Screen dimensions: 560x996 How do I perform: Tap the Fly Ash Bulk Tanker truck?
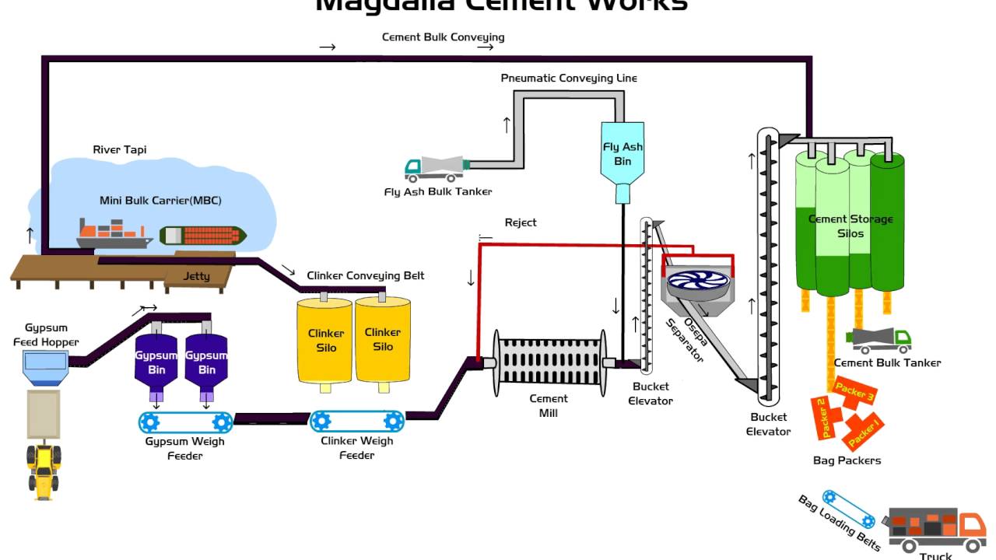pos(437,167)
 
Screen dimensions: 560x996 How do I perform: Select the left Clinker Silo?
pos(325,340)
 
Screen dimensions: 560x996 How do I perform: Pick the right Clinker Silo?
pos(383,340)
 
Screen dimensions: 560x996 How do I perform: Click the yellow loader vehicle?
pos(44,467)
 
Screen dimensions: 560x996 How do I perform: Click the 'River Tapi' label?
pos(119,149)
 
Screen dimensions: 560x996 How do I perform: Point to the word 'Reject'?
pos(521,222)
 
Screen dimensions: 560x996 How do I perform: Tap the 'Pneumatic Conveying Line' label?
pos(569,78)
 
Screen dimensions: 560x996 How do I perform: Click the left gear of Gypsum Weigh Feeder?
pos(150,422)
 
